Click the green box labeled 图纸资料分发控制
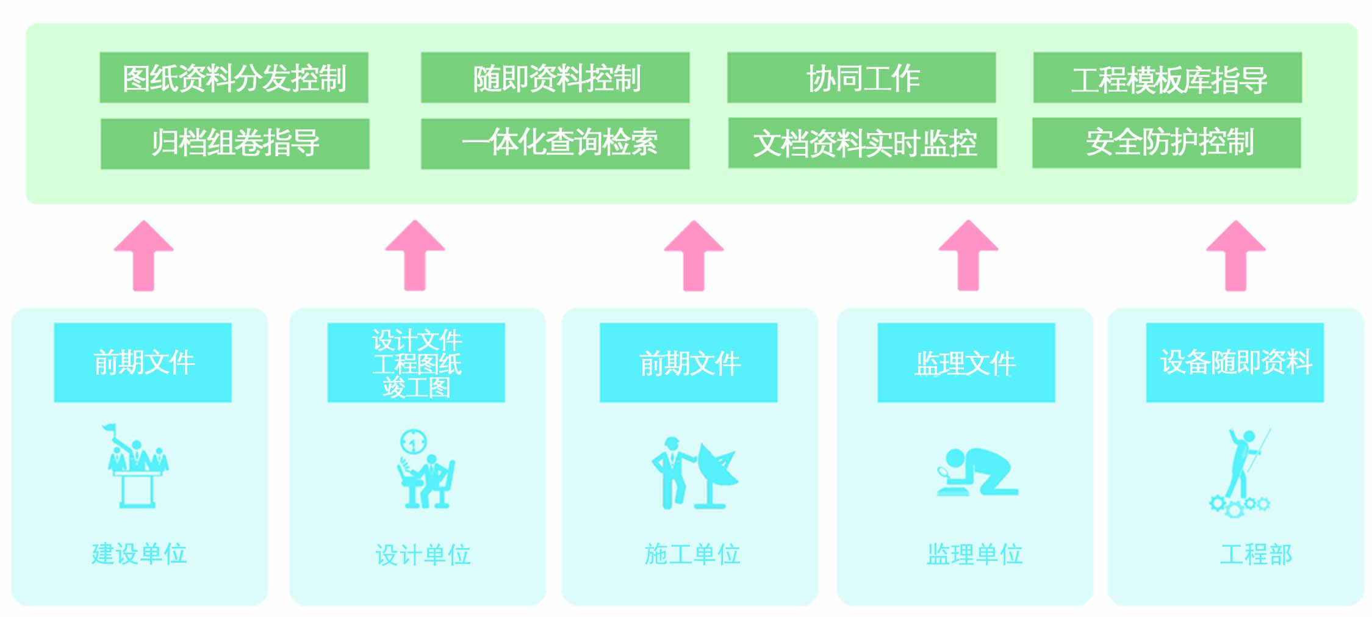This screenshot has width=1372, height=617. [234, 78]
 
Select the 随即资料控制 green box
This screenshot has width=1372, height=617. [555, 78]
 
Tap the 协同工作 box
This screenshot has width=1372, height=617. [861, 78]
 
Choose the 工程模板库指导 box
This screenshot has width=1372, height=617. [1168, 78]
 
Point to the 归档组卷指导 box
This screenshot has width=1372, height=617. [235, 143]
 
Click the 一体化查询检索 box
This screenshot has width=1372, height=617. [555, 143]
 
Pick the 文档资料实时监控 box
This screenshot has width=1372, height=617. [863, 143]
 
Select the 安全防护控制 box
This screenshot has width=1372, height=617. [1166, 143]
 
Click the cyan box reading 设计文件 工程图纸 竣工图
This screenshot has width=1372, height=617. [416, 363]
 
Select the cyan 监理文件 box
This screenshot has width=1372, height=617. [966, 363]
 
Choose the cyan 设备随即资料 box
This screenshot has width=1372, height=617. [1235, 363]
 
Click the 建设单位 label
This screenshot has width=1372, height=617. [139, 554]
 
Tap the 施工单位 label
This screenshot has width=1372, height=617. [692, 554]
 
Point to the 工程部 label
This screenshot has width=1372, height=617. [1256, 554]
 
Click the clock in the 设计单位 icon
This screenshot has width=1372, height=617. [414, 441]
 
